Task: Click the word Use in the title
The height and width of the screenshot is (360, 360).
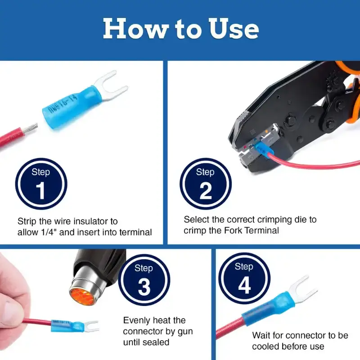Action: pos(234,28)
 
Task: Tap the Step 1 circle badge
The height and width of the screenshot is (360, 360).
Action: pos(41,184)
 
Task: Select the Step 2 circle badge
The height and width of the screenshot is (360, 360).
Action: pos(206,184)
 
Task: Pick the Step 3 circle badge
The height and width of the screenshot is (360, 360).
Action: pos(144,280)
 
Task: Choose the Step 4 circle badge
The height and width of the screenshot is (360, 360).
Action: pos(244,278)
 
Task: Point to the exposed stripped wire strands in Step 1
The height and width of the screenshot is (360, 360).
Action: pos(30,129)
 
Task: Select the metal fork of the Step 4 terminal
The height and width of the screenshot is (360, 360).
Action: pos(302,290)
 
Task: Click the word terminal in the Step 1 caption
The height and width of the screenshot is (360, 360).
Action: pos(135,232)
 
